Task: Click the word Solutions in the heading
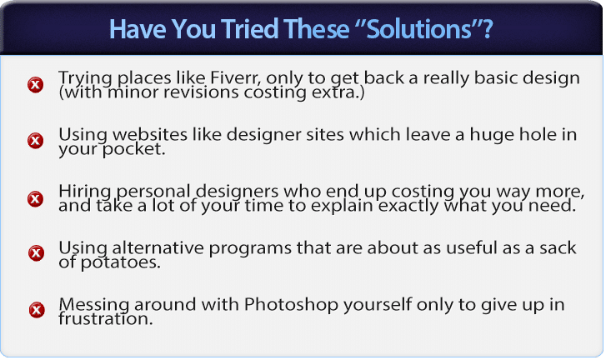point(418,29)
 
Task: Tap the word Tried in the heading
point(250,29)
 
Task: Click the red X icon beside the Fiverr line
point(36,85)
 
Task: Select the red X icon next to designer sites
point(36,141)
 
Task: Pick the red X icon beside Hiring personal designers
point(36,198)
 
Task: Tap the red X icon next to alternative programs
point(37,253)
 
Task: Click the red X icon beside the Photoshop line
point(37,310)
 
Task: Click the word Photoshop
point(292,305)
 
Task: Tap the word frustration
point(106,319)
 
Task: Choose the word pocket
point(133,149)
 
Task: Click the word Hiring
point(85,192)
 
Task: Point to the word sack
point(558,248)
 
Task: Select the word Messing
point(94,305)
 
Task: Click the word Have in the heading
point(138,29)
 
